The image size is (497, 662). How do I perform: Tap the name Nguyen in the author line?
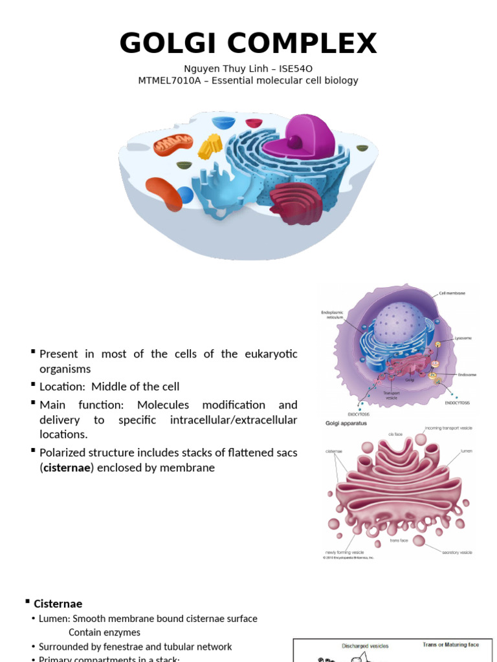click(203, 69)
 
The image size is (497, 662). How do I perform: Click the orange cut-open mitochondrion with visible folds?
click(173, 146)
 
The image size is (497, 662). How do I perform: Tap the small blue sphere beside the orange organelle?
click(185, 195)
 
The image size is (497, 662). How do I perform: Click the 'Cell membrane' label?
click(452, 293)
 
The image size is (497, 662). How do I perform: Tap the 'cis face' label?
click(396, 434)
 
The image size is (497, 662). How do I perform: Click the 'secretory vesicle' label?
click(457, 553)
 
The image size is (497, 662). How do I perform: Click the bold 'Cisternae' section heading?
click(58, 604)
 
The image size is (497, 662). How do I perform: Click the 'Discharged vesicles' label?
click(365, 645)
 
